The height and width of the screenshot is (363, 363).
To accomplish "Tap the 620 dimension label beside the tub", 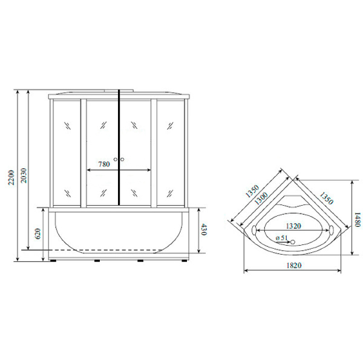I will tap(38, 233).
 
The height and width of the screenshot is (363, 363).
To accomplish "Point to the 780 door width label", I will tap(103, 164).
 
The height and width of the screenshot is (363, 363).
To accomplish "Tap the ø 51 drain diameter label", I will tap(281, 238).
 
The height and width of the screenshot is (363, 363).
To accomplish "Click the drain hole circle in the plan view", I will tap(292, 243).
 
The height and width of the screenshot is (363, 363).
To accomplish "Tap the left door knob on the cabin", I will tap(116, 160).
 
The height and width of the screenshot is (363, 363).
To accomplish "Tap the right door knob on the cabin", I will tap(122, 160).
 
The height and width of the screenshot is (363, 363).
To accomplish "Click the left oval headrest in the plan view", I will tap(255, 231).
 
